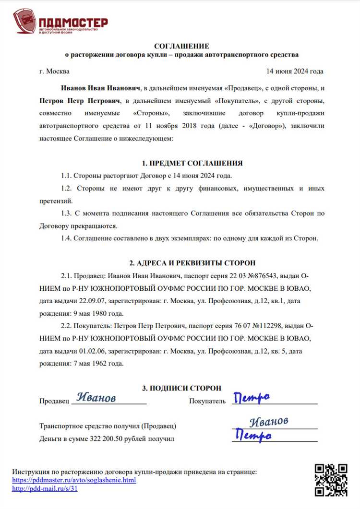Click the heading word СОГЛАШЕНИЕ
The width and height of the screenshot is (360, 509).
(181, 46)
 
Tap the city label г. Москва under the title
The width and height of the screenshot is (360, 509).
(54, 71)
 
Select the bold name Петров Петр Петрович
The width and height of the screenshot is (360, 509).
(80, 101)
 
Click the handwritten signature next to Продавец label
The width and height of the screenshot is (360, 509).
(96, 398)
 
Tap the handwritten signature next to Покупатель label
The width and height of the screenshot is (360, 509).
(251, 398)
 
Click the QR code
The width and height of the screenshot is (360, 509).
(331, 479)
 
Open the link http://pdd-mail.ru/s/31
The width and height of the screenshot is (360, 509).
(45, 489)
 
